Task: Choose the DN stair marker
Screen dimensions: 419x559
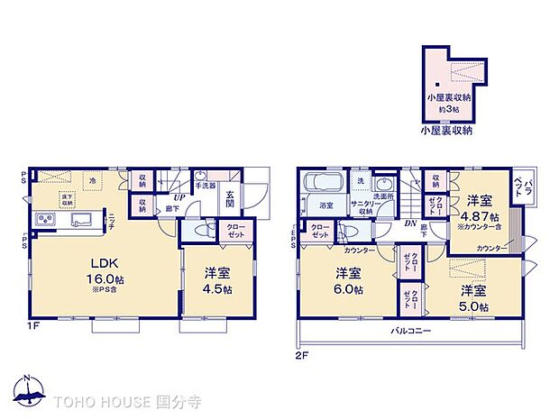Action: [409, 223]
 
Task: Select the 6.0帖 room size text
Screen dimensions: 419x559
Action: [349, 289]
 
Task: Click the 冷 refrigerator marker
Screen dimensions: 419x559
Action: [91, 181]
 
